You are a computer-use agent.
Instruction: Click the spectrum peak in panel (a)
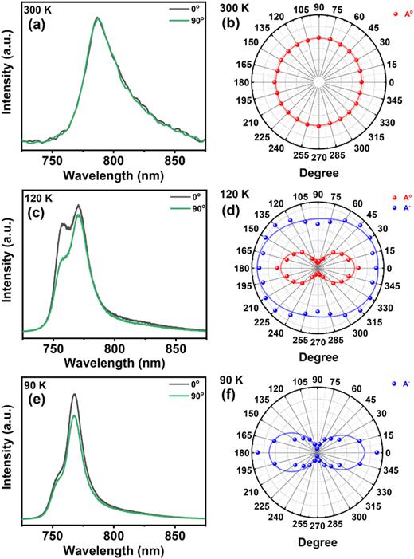coord(97,18)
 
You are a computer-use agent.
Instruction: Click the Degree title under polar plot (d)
coord(317,359)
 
